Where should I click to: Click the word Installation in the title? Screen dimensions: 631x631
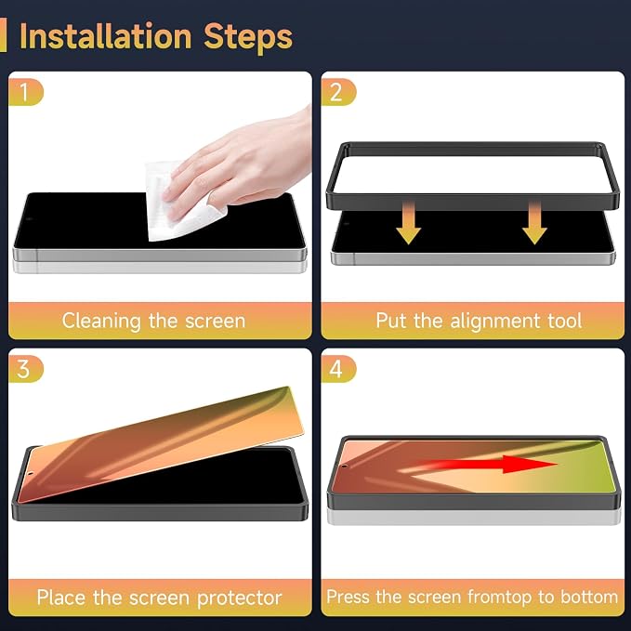(x=105, y=36)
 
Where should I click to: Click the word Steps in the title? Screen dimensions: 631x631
(x=248, y=39)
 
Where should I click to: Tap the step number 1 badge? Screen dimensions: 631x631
(x=26, y=92)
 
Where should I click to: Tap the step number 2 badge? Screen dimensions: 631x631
(x=338, y=92)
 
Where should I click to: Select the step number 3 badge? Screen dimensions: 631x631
(x=26, y=369)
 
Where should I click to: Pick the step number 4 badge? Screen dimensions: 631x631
(x=338, y=369)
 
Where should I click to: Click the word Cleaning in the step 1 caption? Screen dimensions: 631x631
(x=101, y=322)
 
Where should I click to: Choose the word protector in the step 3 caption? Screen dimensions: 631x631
(x=240, y=598)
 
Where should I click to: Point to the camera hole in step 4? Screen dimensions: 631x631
(x=345, y=467)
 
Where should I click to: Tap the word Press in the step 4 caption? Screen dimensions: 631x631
(x=348, y=597)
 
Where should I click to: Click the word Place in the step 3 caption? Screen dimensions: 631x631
(x=62, y=598)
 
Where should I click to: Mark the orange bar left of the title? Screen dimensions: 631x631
(x=3, y=34)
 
